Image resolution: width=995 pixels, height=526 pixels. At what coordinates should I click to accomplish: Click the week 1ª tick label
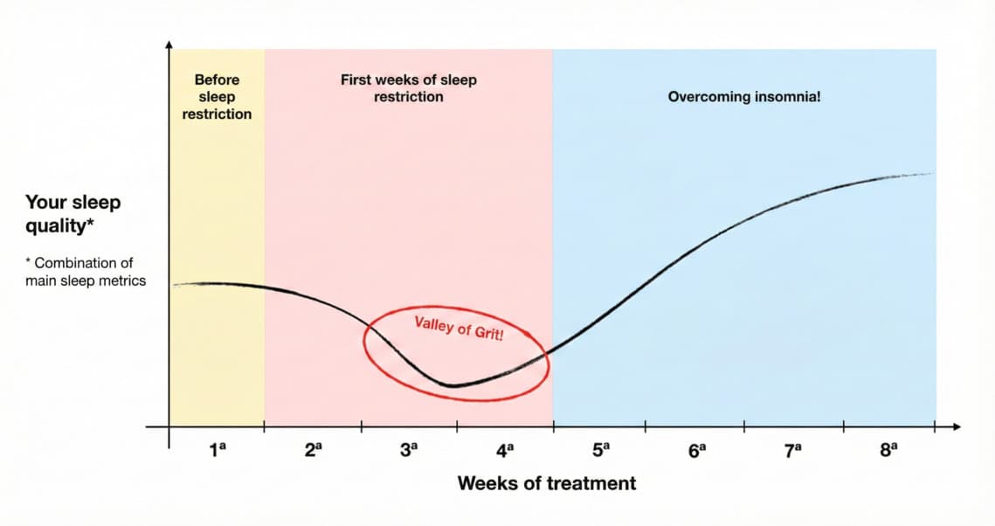(217, 451)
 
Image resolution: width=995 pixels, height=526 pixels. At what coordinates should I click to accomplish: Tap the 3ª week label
(409, 451)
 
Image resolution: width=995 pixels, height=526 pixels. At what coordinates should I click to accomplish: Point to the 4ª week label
(505, 451)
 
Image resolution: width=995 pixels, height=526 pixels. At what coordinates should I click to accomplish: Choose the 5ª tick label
(601, 451)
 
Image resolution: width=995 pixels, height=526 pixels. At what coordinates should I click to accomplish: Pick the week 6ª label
(696, 451)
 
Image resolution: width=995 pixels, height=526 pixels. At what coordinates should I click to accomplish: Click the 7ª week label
(792, 451)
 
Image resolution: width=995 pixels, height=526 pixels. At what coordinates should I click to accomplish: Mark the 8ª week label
(888, 451)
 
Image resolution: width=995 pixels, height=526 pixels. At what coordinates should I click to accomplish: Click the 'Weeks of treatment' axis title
(547, 483)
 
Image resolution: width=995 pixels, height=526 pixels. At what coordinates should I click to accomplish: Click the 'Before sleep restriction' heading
(217, 97)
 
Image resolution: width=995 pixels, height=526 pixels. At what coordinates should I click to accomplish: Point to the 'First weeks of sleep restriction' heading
(409, 88)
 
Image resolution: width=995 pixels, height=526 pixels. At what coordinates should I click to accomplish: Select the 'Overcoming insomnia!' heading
(744, 97)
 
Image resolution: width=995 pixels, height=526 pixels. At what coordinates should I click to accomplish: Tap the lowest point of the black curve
(451, 385)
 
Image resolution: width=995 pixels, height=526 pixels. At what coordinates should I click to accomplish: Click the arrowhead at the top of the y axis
(169, 43)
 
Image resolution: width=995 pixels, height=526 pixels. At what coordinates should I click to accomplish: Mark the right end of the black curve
(931, 173)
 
